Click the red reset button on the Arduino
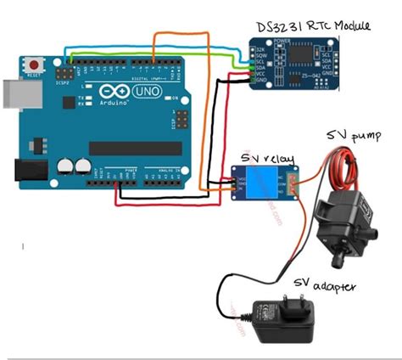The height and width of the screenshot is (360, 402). [x=35, y=65]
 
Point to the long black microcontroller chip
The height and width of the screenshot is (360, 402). [x=136, y=149]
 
